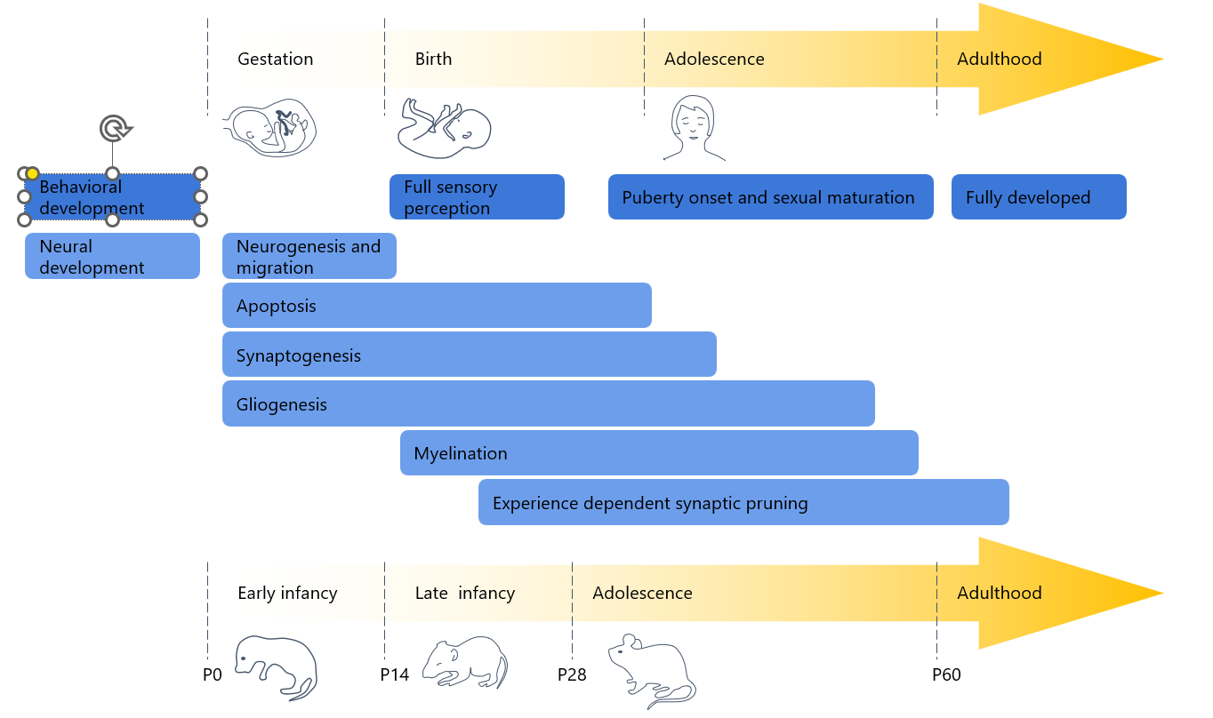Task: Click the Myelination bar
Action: point(658,453)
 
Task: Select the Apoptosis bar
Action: point(436,306)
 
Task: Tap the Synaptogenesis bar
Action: point(469,355)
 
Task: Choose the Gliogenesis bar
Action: point(548,404)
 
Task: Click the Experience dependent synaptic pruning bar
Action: point(743,503)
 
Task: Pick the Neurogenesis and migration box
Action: point(309,257)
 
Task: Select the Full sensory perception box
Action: point(477,197)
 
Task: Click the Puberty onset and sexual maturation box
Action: point(770,197)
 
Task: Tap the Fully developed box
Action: point(1038,197)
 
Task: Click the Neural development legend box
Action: point(112,257)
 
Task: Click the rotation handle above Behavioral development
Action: point(114,129)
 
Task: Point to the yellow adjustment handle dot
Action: point(32,173)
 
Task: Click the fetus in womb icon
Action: point(269,130)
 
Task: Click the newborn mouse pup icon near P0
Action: point(276,666)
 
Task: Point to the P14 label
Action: point(394,675)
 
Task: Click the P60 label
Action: point(946,675)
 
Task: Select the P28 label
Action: point(572,675)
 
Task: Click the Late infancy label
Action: point(465,593)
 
